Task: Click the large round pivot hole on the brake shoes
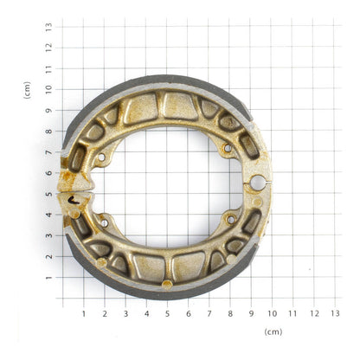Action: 257,182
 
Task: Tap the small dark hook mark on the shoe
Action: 74,198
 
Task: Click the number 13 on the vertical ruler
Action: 49,26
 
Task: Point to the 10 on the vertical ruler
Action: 49,88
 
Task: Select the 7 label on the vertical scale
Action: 49,151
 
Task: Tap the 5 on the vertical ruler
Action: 49,193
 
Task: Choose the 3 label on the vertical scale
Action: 49,235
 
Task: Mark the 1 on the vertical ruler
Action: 49,277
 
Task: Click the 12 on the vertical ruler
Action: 49,47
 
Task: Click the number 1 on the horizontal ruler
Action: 83,313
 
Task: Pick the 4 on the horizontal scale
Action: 146,313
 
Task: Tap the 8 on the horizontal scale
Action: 230,313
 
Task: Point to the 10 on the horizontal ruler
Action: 272,313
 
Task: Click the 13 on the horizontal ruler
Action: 335,313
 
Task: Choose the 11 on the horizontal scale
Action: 292,313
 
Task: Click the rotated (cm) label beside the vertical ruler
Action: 27,89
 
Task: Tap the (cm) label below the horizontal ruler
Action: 273,331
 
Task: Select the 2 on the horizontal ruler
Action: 104,313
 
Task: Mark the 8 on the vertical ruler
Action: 49,130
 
